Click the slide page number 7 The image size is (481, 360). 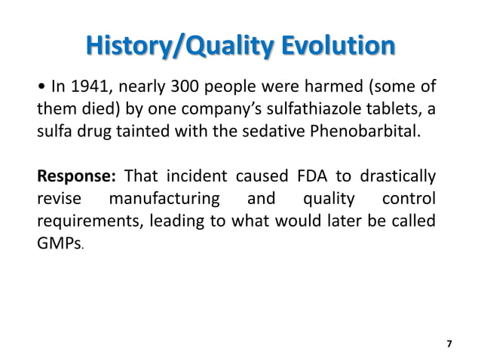coord(449,343)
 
